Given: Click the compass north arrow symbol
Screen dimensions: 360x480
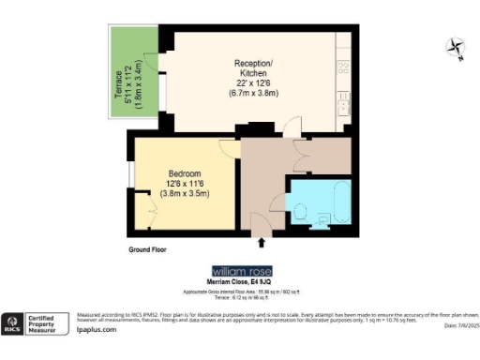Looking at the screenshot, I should [455, 47].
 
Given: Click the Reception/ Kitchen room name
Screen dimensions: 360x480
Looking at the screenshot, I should [252, 67].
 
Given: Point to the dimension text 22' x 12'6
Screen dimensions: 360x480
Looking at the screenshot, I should [252, 82].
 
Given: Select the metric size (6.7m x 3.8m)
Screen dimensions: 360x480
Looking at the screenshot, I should [252, 93].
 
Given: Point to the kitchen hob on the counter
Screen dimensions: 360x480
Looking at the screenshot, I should [343, 68].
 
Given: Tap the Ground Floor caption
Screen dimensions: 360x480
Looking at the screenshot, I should [148, 251].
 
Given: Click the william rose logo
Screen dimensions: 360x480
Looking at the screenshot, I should [243, 271].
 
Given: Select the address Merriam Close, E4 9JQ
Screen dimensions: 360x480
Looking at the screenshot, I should [243, 281].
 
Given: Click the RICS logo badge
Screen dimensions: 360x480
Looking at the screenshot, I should [15, 323].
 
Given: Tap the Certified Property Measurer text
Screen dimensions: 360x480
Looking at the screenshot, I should [51, 323].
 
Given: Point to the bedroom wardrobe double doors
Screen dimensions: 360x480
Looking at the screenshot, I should [151, 211].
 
